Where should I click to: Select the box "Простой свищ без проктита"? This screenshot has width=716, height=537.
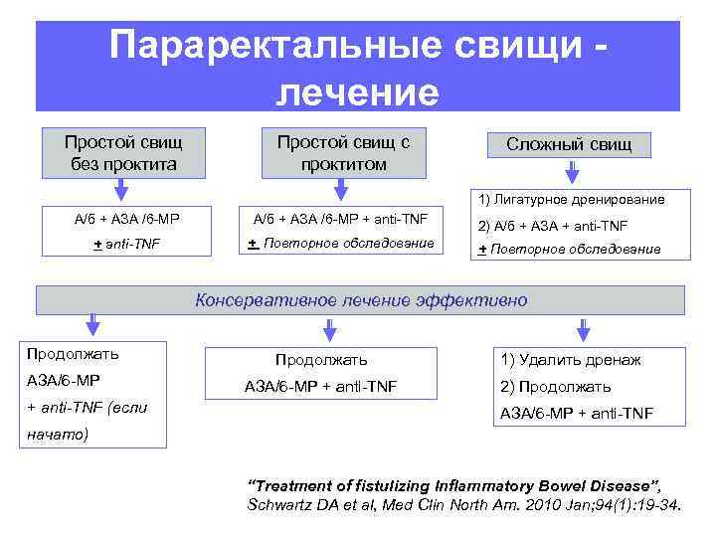click(123, 152)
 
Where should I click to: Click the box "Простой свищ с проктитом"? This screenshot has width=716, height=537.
click(343, 152)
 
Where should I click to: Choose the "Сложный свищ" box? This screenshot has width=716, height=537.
click(569, 145)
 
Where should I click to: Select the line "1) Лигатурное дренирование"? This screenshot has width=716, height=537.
click(572, 199)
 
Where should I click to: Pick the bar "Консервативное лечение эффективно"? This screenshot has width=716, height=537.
click(361, 299)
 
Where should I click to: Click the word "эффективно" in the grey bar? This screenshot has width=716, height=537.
click(471, 299)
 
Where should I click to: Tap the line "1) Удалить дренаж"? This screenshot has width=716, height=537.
click(570, 360)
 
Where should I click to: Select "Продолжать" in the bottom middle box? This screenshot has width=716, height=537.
click(321, 360)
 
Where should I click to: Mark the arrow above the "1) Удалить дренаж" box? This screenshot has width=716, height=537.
click(581, 328)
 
